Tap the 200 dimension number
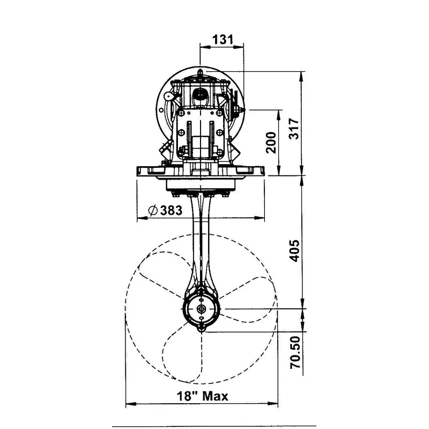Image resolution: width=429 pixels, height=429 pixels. [272, 142]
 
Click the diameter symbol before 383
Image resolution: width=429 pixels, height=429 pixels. [152, 210]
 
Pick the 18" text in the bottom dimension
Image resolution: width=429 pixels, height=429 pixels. [186, 396]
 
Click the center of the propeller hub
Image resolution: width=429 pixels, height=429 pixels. [202, 309]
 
